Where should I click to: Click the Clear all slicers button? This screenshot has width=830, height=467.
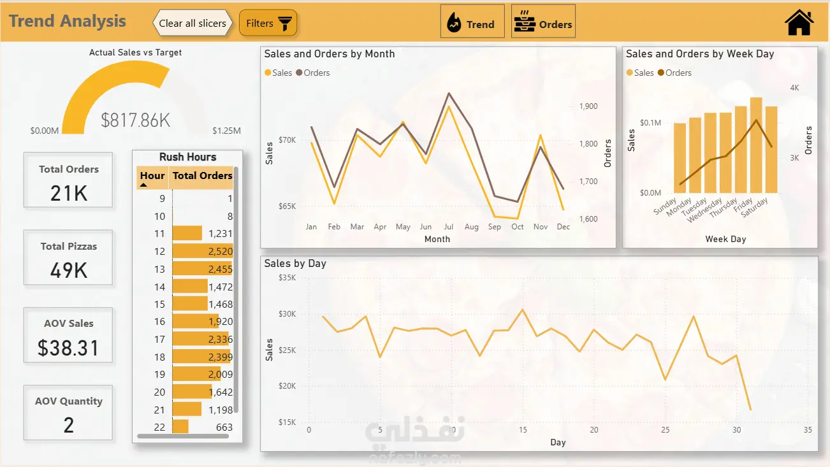[193, 23]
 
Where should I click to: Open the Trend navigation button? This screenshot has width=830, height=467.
[472, 22]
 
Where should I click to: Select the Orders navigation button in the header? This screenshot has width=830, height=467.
[543, 22]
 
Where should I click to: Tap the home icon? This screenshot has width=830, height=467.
[799, 22]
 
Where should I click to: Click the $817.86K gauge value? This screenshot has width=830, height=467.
[136, 120]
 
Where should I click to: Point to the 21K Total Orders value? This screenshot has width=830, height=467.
[69, 193]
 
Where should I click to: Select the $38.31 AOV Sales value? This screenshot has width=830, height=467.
[69, 348]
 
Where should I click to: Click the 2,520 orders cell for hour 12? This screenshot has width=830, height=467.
[221, 252]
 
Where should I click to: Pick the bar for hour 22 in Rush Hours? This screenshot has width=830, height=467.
[180, 427]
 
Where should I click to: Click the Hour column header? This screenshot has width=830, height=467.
[152, 176]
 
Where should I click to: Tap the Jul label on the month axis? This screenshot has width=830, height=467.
[448, 227]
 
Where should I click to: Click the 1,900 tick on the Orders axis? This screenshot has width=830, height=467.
[588, 106]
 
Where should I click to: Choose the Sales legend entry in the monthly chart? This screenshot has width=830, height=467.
[279, 73]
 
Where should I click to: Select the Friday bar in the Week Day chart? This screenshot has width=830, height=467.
[756, 145]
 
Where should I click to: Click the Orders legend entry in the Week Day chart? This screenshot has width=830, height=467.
[674, 73]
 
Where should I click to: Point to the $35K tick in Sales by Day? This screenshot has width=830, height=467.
[287, 278]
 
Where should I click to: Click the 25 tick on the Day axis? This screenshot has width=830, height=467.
[665, 430]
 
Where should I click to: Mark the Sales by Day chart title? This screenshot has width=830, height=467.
[295, 263]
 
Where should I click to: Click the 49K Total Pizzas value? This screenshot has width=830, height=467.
[69, 270]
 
